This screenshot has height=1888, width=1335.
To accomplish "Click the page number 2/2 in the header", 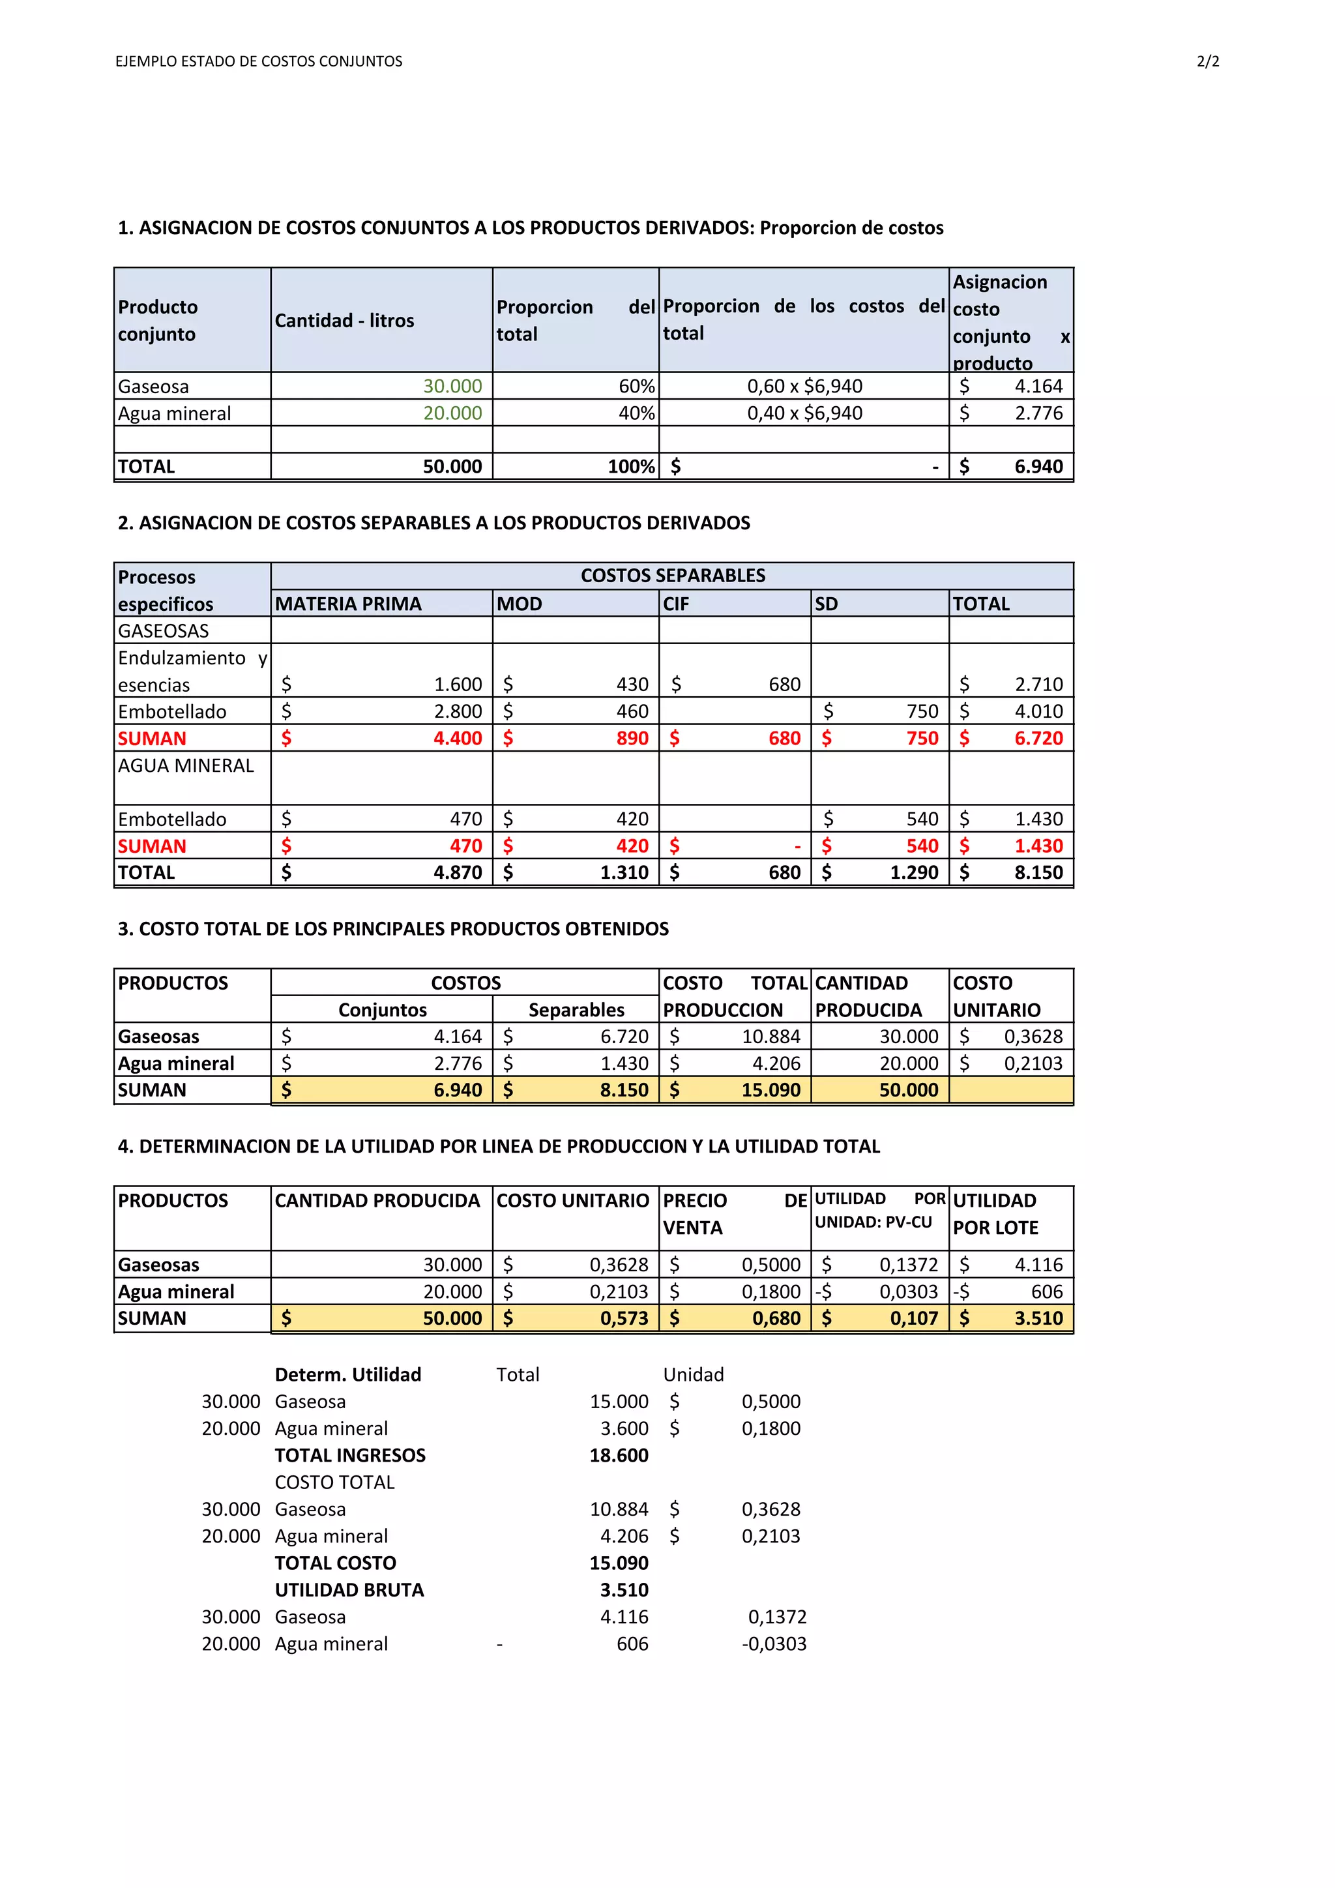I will [1208, 62].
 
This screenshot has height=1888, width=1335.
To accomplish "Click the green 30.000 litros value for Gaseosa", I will [452, 386].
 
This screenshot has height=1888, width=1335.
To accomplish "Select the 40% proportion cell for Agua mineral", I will [636, 413].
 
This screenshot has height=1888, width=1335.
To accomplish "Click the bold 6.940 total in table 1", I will [1038, 466].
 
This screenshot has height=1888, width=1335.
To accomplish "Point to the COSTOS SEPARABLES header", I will [673, 576].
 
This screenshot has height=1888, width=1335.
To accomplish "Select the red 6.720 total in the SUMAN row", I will [1038, 739].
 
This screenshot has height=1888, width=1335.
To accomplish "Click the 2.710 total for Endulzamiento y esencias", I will [1038, 684].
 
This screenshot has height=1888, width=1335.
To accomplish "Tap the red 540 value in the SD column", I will [922, 846].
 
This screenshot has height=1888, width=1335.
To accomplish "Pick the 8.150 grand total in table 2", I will [1038, 872].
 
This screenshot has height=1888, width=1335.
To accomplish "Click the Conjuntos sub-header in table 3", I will [382, 1010].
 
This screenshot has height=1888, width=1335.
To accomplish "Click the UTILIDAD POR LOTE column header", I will [995, 1214].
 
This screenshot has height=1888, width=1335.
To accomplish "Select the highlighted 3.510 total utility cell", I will [1038, 1318].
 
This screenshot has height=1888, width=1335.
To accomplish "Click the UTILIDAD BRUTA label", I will [349, 1589].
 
